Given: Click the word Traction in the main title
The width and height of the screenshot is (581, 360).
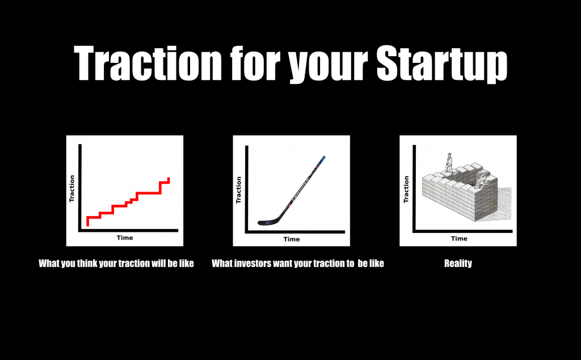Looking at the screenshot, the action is (x=148, y=63).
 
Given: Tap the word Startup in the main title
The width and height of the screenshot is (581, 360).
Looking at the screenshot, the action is (x=441, y=63).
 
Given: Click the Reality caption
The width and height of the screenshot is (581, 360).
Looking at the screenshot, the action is (x=458, y=263).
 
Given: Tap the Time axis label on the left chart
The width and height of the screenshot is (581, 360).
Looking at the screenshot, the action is (x=125, y=238).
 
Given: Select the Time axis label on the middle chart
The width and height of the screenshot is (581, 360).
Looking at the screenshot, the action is (x=292, y=239).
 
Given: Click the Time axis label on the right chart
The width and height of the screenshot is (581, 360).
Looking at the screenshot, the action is (x=459, y=239).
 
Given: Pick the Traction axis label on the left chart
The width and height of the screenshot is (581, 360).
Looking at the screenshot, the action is (x=72, y=189).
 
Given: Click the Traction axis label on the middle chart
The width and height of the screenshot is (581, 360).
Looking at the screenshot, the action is (x=239, y=190).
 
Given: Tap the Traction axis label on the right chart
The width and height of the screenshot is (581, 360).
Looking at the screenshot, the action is (x=406, y=189).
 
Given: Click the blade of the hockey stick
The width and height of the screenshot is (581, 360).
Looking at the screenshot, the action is (x=268, y=222).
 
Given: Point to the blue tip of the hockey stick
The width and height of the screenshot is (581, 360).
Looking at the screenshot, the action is (x=323, y=160).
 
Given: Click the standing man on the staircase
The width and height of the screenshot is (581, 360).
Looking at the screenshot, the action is (x=449, y=163).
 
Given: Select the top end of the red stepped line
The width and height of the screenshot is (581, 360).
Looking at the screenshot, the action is (x=169, y=179).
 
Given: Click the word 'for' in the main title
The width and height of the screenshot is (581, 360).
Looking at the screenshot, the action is (x=254, y=63).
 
